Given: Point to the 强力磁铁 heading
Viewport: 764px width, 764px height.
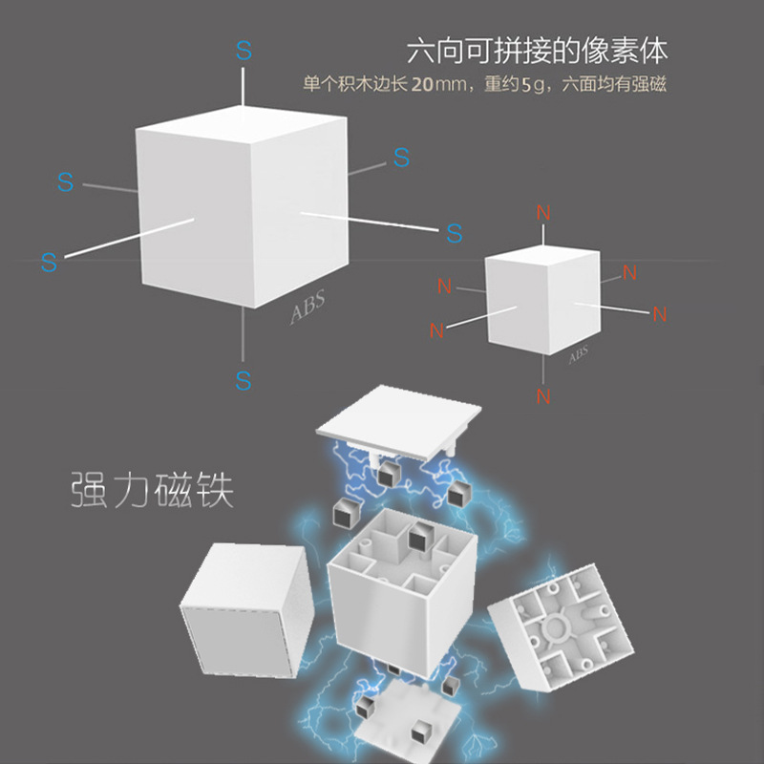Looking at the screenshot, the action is [153, 491].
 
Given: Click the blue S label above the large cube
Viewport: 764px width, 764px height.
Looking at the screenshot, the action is [244, 51].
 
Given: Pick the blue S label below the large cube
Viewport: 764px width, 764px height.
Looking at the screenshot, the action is [244, 380].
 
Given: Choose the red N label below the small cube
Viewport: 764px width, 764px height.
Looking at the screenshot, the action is [543, 394].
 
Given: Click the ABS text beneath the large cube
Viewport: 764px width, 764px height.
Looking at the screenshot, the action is [308, 308].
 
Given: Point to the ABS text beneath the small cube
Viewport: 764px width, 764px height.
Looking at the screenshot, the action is [579, 355].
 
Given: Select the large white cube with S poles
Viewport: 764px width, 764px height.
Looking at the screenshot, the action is [244, 205].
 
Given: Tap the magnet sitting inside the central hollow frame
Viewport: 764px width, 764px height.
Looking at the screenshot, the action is [418, 541].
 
